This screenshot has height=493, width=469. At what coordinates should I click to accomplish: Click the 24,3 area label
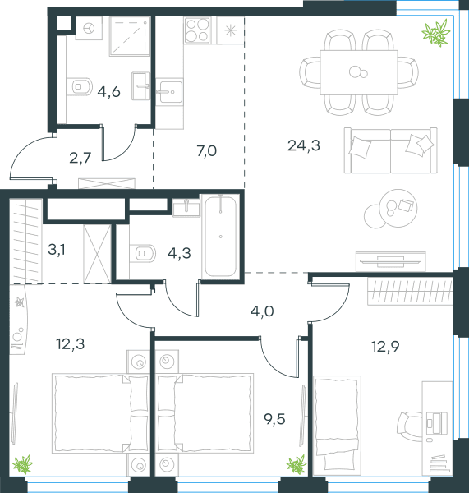click(304, 145)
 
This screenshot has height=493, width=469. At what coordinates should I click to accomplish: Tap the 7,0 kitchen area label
click(206, 151)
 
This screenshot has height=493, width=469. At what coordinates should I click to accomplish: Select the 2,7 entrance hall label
click(80, 158)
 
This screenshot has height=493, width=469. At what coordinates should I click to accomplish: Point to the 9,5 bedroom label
click(274, 419)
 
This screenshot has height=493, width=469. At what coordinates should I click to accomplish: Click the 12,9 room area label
click(385, 347)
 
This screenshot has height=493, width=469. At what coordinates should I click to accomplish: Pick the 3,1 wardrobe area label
click(57, 250)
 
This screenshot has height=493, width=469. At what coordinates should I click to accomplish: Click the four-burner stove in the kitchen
click(197, 30)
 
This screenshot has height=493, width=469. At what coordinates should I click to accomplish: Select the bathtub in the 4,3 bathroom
click(220, 236)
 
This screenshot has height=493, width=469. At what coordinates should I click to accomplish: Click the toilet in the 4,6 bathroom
click(80, 86)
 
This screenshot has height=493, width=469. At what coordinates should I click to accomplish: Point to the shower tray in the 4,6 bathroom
click(130, 36)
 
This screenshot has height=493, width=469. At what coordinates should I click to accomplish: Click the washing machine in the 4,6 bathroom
click(89, 28)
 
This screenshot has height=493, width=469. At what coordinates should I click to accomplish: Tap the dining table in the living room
click(359, 72)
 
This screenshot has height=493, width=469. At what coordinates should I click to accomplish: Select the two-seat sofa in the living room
click(390, 150)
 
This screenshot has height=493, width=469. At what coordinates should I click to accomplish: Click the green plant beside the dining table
click(436, 32)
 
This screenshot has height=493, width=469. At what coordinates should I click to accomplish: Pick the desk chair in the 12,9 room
click(408, 426)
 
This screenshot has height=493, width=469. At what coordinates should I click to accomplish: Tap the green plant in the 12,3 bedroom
click(23, 463)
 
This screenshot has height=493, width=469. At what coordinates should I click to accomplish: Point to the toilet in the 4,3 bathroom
click(143, 253)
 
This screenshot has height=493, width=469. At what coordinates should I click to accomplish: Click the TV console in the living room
click(390, 261)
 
